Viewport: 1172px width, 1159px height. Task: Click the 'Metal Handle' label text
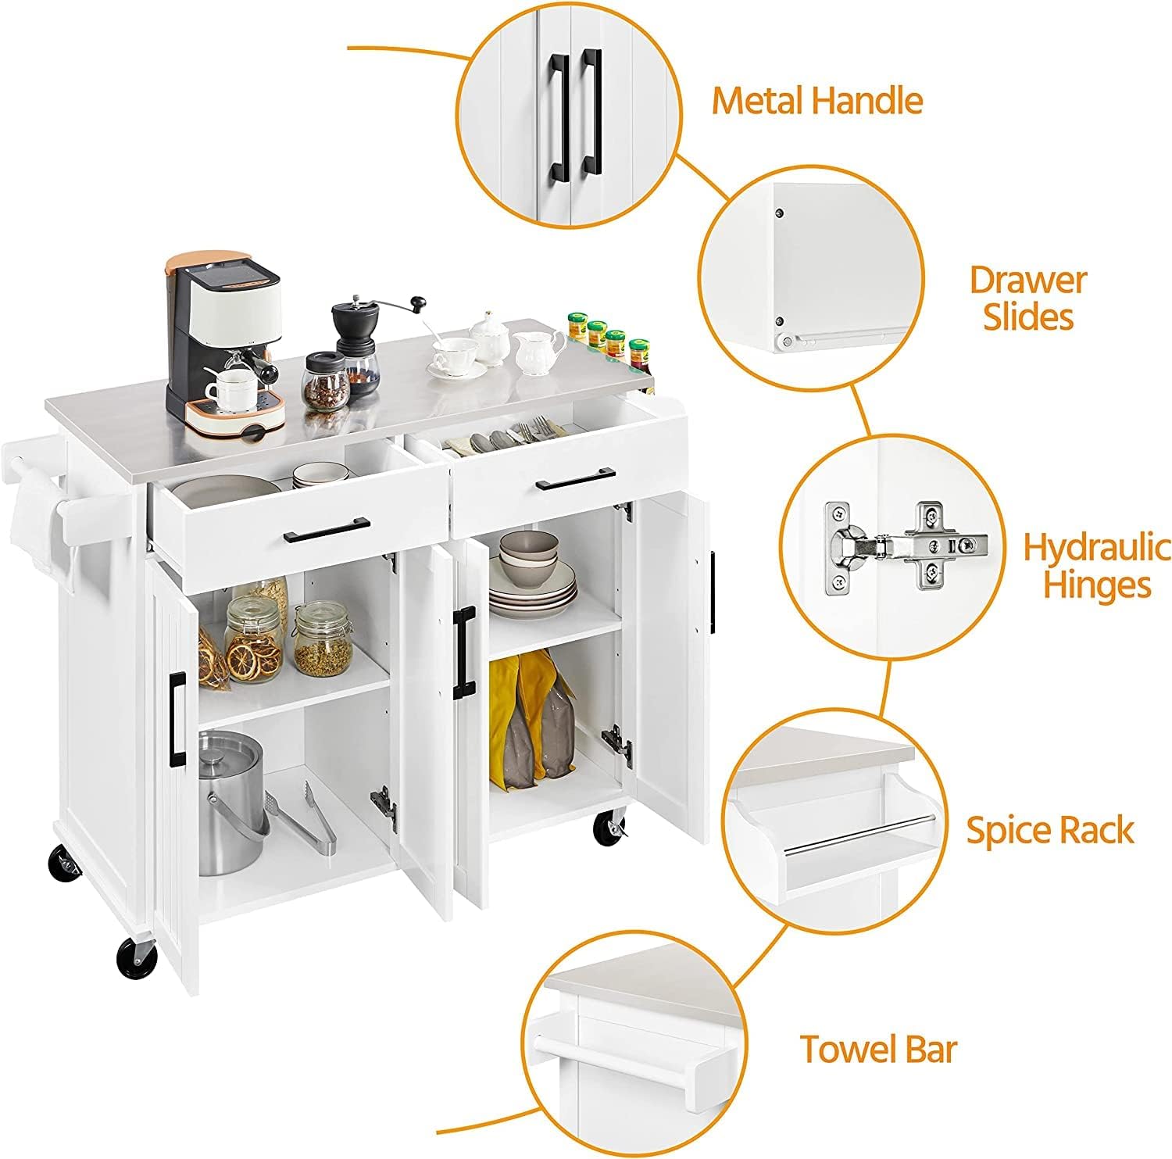(816, 102)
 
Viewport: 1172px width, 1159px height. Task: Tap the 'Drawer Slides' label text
(1027, 299)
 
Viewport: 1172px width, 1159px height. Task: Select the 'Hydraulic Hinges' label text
(1097, 565)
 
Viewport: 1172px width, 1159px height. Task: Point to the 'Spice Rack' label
(1049, 830)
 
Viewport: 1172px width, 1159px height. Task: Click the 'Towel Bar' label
(878, 1049)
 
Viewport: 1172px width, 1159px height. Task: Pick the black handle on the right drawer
(575, 479)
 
